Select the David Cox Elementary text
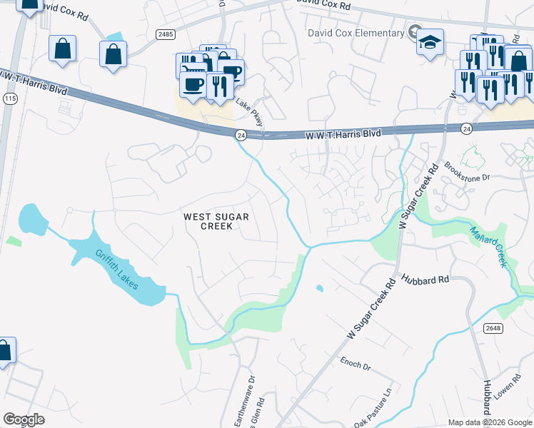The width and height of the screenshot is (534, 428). tap(356, 33)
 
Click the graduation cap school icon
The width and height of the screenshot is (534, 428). tap(430, 42)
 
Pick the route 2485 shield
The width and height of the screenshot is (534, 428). tap(166, 34)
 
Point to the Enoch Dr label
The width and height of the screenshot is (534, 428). tap(356, 364)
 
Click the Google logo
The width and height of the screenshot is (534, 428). tap(24, 419)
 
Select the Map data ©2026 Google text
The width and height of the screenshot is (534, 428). tap(490, 422)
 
